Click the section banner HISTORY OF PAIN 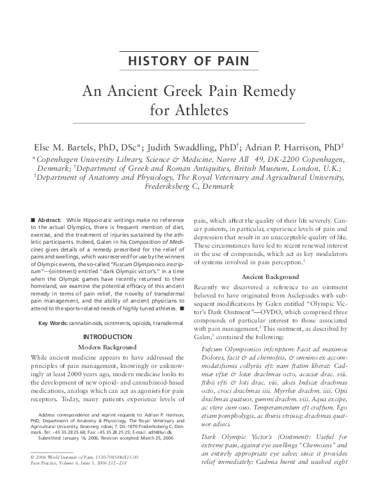tap(189, 62)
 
